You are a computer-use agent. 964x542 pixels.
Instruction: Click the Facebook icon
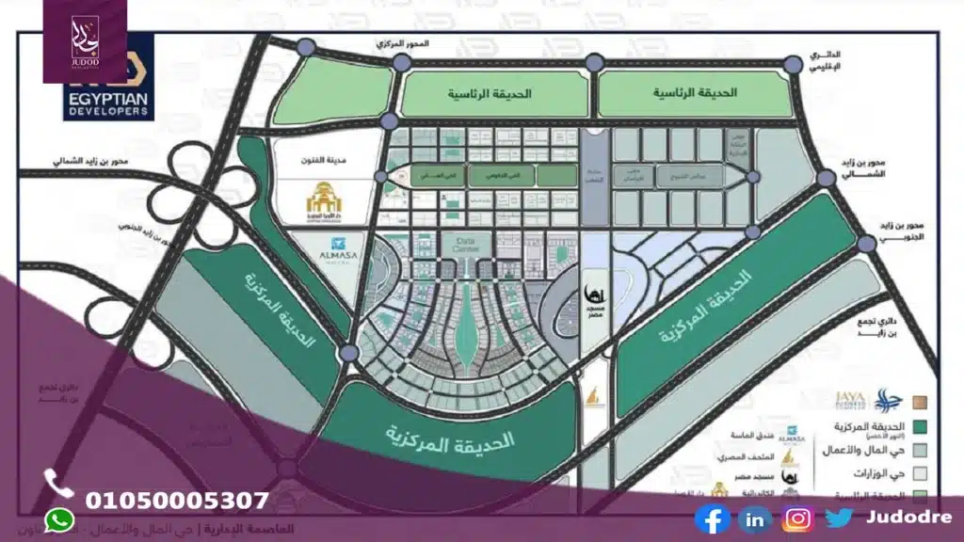[x=713, y=518]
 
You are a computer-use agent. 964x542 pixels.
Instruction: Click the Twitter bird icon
[x=840, y=518]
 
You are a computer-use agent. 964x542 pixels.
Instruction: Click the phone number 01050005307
[x=177, y=501]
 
